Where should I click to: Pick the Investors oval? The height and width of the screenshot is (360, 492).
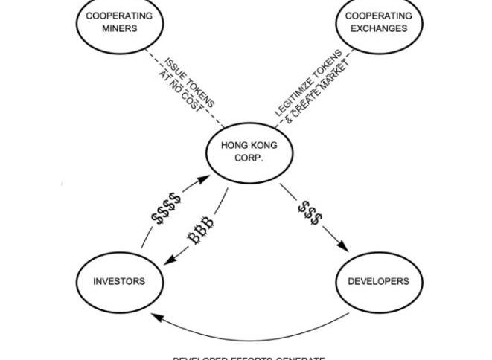(x=119, y=281)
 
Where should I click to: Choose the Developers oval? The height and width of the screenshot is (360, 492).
(x=378, y=281)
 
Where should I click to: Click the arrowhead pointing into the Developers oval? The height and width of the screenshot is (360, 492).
(x=344, y=248)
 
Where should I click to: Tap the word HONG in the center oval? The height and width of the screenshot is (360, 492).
(x=234, y=146)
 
